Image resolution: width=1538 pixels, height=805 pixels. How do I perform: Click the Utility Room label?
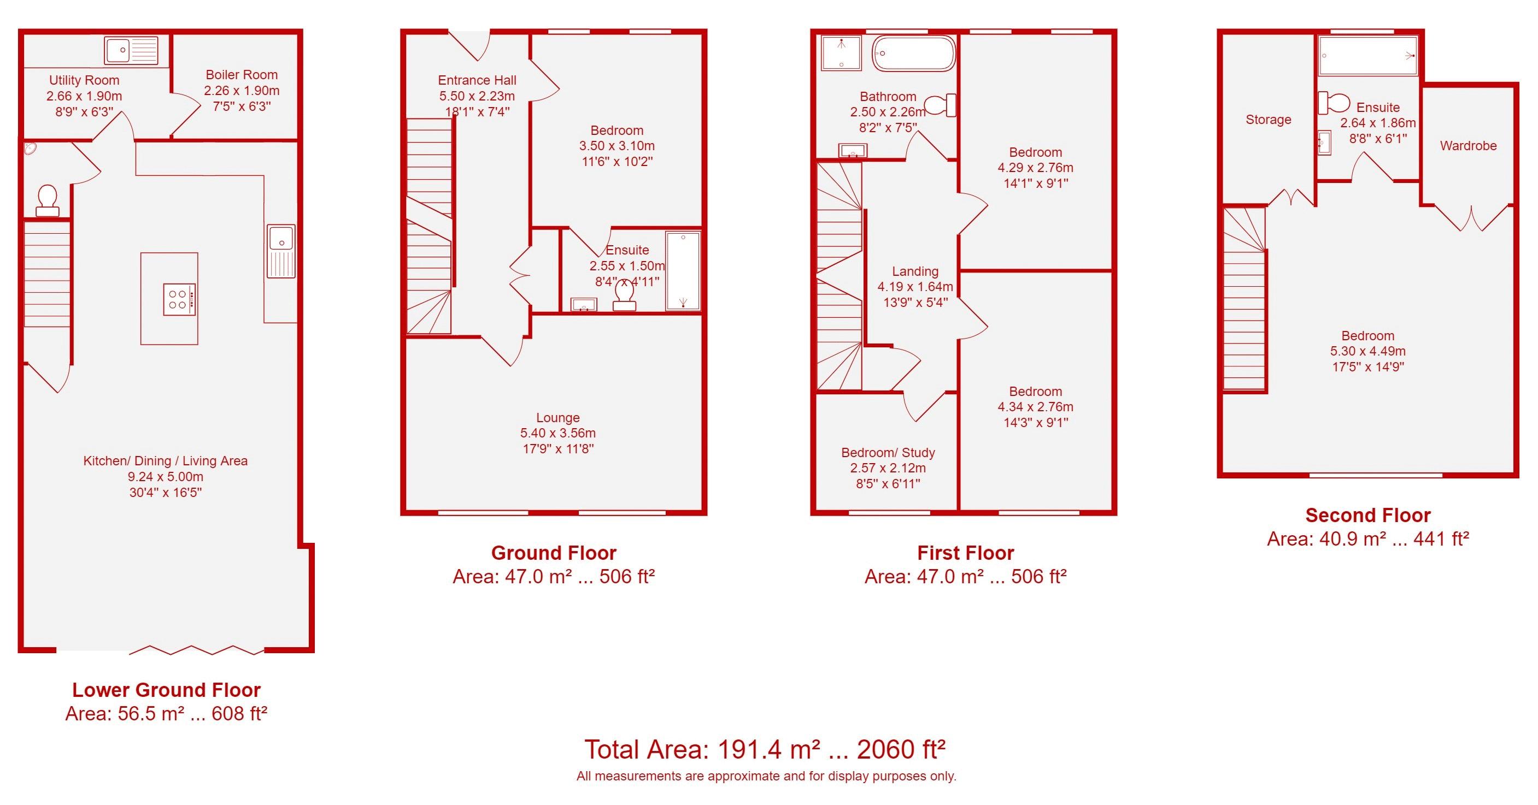tap(84, 80)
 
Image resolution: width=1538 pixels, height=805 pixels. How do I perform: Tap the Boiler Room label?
tap(241, 75)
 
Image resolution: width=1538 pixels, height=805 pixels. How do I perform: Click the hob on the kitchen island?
tap(179, 299)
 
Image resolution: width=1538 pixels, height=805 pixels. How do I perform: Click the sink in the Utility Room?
tap(131, 50)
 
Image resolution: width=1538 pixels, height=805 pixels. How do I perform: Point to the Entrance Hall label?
tap(477, 80)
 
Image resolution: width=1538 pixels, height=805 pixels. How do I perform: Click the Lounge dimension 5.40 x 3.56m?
tap(557, 433)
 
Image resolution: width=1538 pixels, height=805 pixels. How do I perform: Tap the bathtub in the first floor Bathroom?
tap(913, 54)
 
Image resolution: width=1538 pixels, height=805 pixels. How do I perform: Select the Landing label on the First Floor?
tap(915, 271)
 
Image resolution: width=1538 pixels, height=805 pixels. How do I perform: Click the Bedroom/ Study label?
tap(888, 452)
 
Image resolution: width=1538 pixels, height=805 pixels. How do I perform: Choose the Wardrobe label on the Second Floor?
tap(1467, 146)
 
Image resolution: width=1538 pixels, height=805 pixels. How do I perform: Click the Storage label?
tap(1268, 120)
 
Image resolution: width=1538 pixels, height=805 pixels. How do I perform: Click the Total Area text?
tap(765, 749)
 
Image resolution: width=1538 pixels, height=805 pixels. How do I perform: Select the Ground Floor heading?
tap(554, 553)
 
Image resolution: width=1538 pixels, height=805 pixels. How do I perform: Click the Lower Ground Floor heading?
tap(166, 690)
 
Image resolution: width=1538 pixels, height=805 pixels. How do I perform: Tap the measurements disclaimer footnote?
tap(766, 777)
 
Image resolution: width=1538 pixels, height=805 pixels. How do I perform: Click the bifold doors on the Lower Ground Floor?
tap(196, 650)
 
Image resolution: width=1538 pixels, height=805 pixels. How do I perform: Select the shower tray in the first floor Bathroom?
tap(841, 53)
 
